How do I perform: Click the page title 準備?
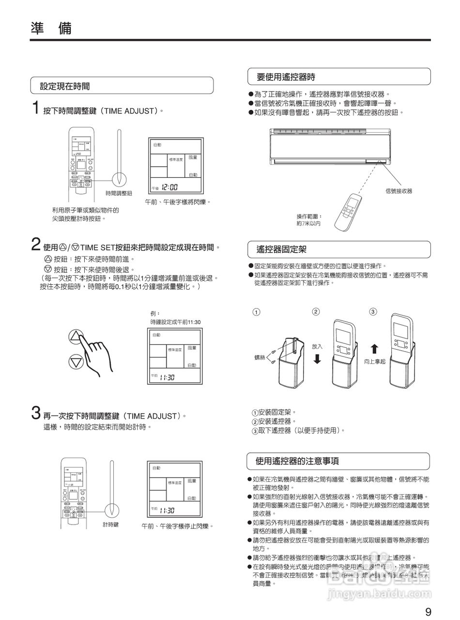(50, 29)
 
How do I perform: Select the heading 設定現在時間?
(64, 86)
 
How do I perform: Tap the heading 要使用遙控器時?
(286, 77)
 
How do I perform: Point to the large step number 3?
(35, 413)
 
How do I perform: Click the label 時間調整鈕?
(119, 193)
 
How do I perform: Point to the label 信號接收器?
(399, 191)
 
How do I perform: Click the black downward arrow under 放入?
(317, 359)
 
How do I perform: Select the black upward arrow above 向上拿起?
(374, 349)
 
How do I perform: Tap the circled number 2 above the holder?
(316, 311)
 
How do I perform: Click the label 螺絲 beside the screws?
(260, 357)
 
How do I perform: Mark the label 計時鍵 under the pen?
(110, 525)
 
